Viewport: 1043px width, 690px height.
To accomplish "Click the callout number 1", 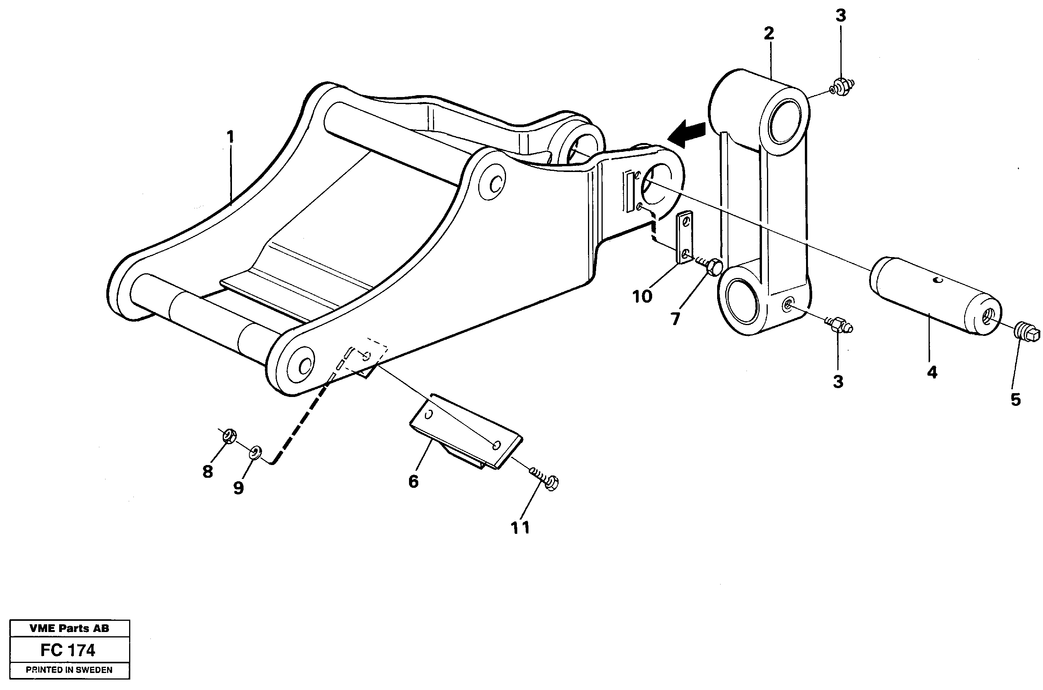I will [x=230, y=137].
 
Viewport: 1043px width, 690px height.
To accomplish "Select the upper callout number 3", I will [x=840, y=16].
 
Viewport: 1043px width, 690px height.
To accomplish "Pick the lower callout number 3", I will [x=838, y=382].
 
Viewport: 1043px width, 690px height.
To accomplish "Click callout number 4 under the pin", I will [x=932, y=373].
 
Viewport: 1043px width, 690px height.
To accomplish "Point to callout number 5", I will [x=1015, y=400].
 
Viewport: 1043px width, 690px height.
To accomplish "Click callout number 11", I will [x=520, y=528].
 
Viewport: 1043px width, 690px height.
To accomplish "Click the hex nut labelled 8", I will [x=229, y=436].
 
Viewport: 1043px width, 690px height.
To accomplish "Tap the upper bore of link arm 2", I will [x=785, y=121].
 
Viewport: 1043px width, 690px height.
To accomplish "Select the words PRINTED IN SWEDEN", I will [x=69, y=670].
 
